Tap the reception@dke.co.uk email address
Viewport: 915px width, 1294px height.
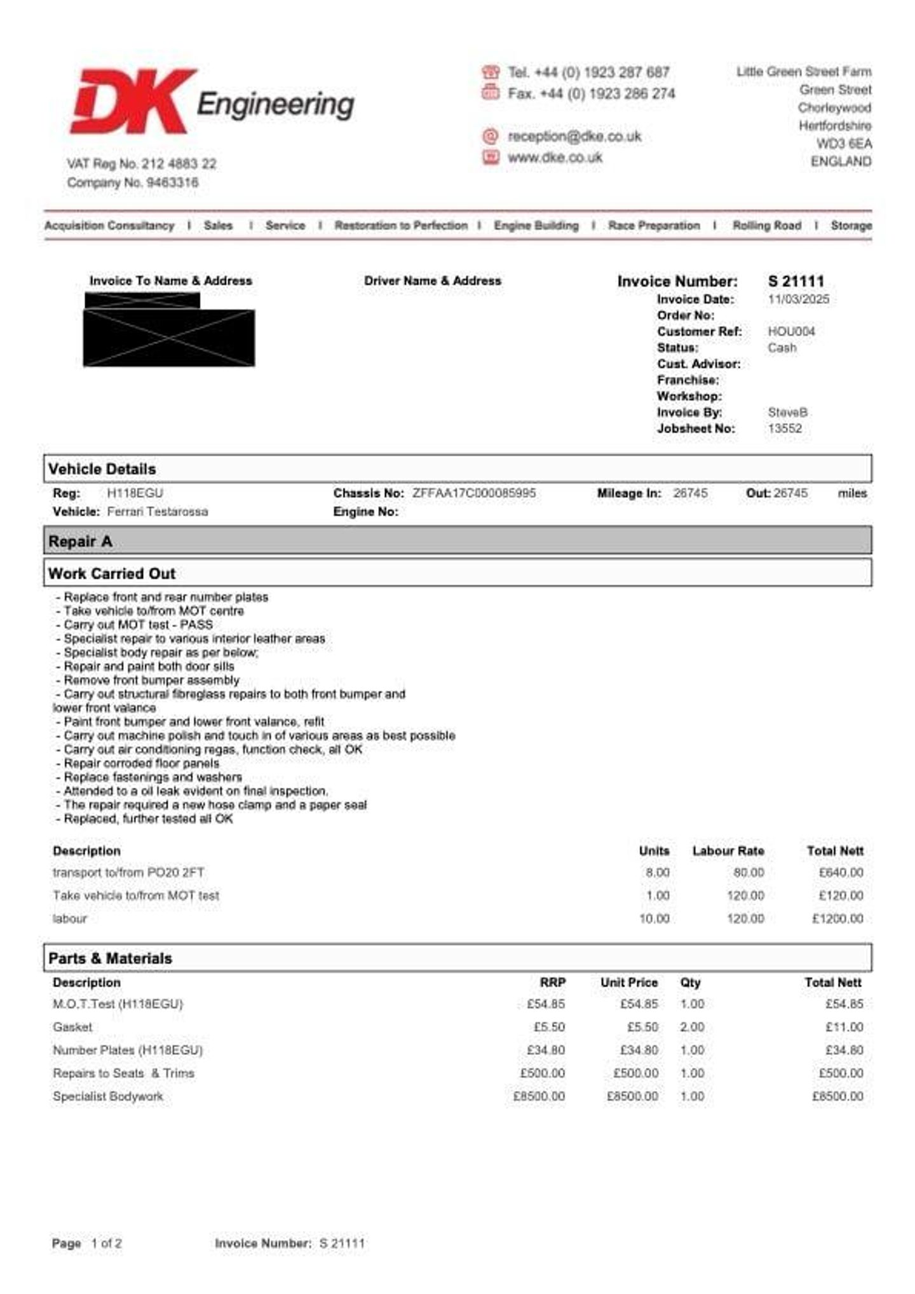point(574,137)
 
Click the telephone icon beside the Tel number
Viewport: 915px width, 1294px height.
point(491,72)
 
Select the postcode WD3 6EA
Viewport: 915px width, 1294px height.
point(844,144)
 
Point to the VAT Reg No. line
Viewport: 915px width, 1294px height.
point(142,164)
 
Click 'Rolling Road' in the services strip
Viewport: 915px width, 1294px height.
point(766,226)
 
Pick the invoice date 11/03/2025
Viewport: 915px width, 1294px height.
point(798,299)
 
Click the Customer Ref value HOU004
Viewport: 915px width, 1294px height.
point(791,331)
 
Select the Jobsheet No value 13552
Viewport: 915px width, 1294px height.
point(785,429)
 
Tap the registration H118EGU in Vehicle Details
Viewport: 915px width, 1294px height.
point(135,493)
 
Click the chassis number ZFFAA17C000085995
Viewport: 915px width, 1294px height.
point(473,493)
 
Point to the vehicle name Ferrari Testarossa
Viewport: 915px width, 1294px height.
point(157,512)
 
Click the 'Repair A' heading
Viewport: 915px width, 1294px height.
point(80,542)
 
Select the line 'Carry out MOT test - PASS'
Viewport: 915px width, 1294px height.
point(138,625)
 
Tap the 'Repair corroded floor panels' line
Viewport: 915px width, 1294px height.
point(141,764)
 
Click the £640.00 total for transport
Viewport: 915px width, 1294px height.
point(841,873)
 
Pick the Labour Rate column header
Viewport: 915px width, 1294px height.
point(728,851)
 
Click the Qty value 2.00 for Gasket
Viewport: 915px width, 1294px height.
point(692,1028)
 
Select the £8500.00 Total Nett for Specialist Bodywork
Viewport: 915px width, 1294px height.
point(837,1097)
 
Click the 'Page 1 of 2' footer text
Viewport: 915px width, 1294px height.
point(86,1244)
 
